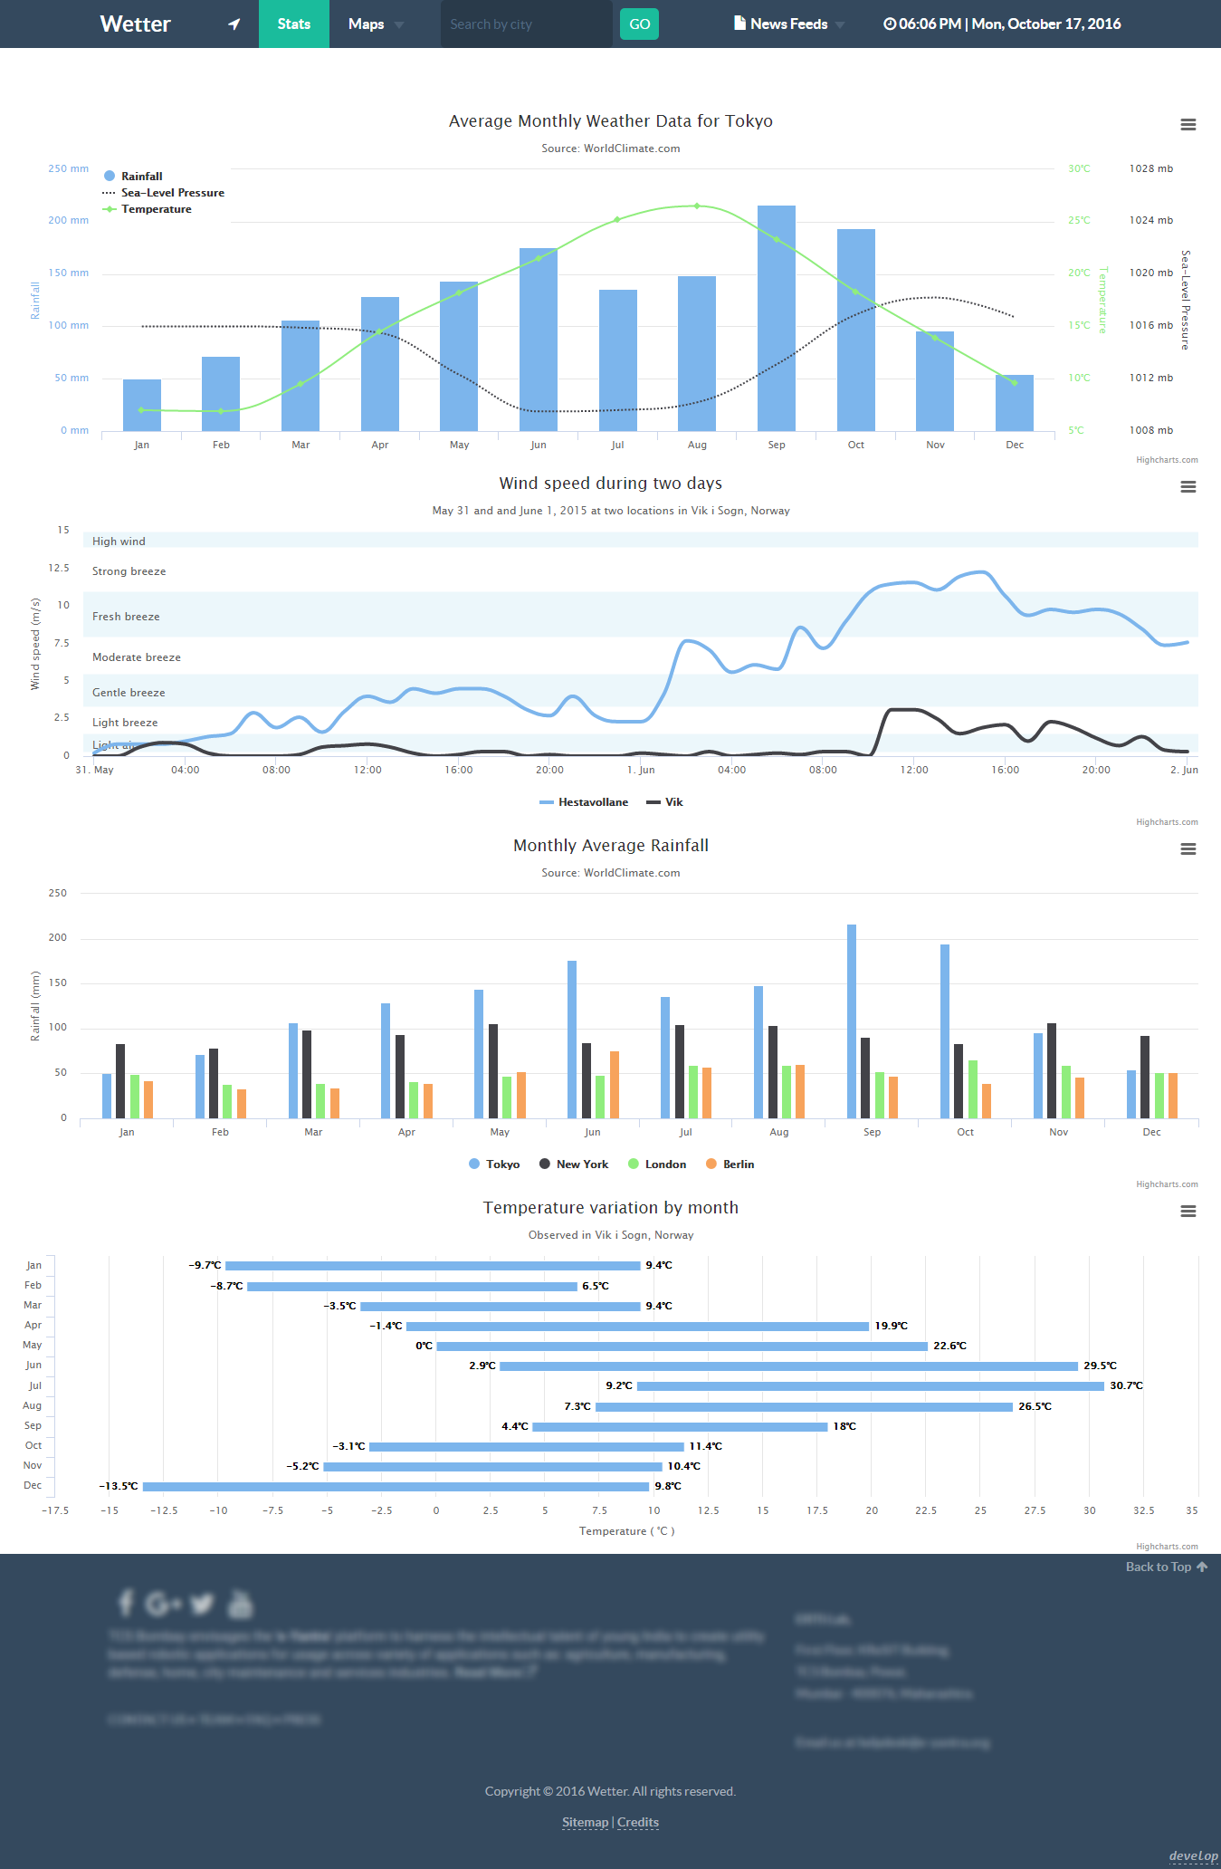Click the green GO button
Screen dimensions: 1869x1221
(x=639, y=24)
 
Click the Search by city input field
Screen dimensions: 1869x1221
(x=525, y=24)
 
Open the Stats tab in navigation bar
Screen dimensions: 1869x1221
(x=293, y=24)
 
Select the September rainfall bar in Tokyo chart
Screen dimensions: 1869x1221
(x=776, y=317)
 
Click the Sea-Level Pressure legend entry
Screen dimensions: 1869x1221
(x=172, y=193)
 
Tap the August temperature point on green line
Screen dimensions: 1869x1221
(x=696, y=206)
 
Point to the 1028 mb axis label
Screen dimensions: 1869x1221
(x=1150, y=168)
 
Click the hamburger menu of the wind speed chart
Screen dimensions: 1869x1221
(x=1188, y=487)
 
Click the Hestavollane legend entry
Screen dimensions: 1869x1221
(x=592, y=802)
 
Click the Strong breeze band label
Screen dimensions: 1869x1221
(x=129, y=571)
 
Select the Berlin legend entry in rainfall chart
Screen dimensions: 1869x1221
(x=738, y=1165)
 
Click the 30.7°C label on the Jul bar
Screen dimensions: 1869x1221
(x=1126, y=1385)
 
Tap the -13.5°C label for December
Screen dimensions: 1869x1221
(x=119, y=1486)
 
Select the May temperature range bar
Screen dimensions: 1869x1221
(x=682, y=1347)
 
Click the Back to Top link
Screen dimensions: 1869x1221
(x=1165, y=1567)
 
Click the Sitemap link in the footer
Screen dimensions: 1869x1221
(x=585, y=1822)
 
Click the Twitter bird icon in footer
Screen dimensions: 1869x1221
(x=202, y=1604)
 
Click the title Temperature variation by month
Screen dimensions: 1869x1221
(x=610, y=1208)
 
